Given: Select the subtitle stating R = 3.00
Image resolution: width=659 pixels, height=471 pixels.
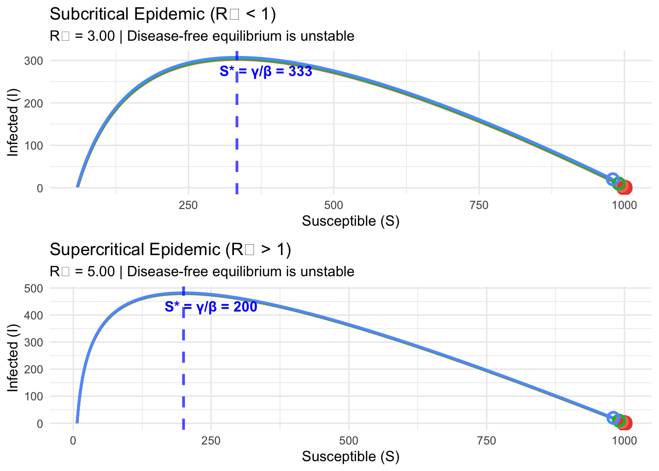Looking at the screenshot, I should tap(202, 36).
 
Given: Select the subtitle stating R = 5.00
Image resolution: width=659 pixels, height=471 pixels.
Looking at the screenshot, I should tap(202, 271).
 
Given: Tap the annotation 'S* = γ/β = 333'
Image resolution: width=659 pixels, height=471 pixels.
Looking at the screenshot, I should tap(266, 72).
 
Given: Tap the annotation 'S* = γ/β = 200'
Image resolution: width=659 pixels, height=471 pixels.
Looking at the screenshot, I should tap(211, 307).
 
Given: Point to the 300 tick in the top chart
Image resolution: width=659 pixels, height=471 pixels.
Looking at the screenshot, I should tap(33, 61).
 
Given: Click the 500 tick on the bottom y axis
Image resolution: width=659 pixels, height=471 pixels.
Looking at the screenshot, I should tap(33, 288).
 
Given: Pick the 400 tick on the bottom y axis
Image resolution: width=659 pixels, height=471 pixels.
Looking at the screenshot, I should tap(33, 315).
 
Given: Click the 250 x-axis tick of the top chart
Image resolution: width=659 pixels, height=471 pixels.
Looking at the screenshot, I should tap(188, 205).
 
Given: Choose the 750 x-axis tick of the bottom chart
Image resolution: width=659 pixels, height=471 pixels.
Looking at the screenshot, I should tap(486, 441).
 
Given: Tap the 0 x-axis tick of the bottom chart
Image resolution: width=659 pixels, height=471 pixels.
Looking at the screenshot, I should tap(73, 441).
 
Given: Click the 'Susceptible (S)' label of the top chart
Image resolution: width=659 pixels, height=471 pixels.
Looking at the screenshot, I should tap(351, 221).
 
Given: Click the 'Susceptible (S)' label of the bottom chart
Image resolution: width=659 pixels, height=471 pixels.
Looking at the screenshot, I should tap(351, 457).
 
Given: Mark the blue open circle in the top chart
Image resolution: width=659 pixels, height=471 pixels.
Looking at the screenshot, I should tap(612, 179).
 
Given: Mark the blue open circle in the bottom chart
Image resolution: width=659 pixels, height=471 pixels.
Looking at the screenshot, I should tap(613, 418).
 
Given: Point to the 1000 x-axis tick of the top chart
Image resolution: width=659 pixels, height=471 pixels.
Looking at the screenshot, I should tap(624, 205).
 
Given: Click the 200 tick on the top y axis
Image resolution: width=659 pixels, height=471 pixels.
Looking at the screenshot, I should tap(33, 103).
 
